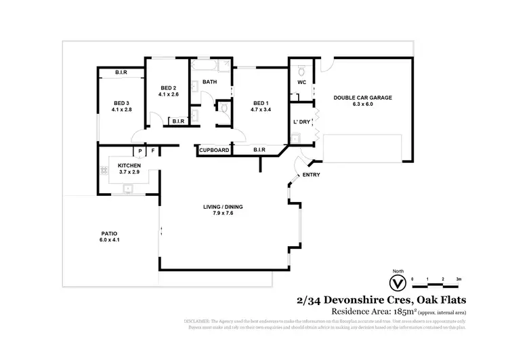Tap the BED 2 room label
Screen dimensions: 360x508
(169, 88)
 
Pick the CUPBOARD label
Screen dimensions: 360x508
(214, 151)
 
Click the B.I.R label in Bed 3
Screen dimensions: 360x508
(122, 72)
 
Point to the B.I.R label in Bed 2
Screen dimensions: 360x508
(178, 121)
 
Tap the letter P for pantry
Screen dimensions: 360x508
(140, 151)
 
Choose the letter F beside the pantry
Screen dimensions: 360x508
(153, 151)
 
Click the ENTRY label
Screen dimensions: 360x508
(312, 175)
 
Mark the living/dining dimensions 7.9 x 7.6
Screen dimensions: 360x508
(224, 214)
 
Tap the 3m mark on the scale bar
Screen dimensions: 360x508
(459, 279)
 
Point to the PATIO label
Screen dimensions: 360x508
(110, 233)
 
